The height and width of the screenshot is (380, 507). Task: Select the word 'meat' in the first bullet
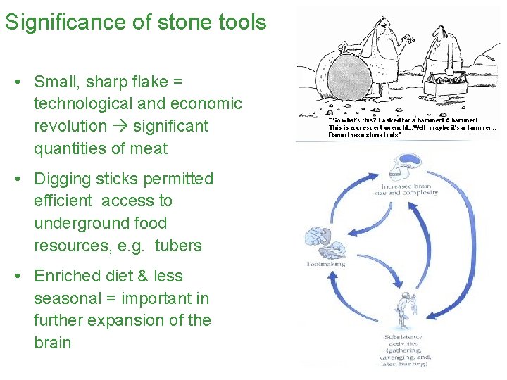coord(147,148)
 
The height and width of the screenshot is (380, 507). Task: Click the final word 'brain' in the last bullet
coord(53,343)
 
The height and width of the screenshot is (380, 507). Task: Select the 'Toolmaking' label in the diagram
coord(325,264)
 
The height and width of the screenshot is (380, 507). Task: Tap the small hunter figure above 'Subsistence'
coord(403,309)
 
